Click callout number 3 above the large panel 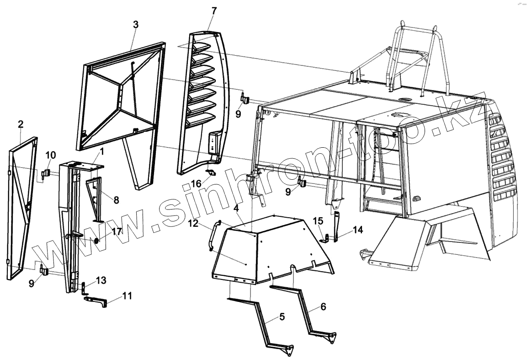[x=135, y=25]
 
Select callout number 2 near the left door [x=21, y=124]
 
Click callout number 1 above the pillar [x=102, y=150]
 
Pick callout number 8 [x=116, y=199]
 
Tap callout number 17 [x=117, y=231]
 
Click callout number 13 [x=101, y=280]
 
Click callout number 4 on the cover [x=236, y=209]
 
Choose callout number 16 [x=196, y=183]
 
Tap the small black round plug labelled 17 [x=96, y=241]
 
